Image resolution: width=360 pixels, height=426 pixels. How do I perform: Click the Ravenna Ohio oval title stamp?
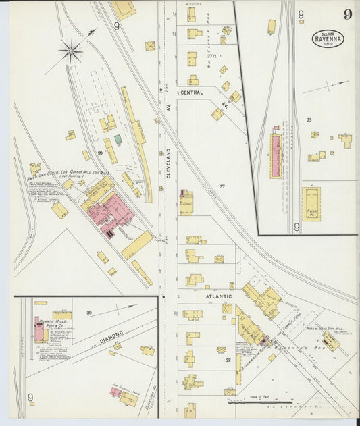click(x=328, y=38)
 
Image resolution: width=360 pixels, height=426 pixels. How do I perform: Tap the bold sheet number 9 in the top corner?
click(x=347, y=15)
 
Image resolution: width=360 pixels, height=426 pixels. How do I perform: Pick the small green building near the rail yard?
click(x=118, y=139)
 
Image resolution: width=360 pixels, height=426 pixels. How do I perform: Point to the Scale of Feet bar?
click(x=260, y=400)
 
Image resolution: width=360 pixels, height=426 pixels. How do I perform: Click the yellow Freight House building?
click(x=311, y=203)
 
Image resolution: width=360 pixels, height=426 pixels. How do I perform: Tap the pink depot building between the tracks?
click(x=276, y=157)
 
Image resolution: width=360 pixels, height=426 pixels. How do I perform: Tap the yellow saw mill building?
click(x=330, y=341)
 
